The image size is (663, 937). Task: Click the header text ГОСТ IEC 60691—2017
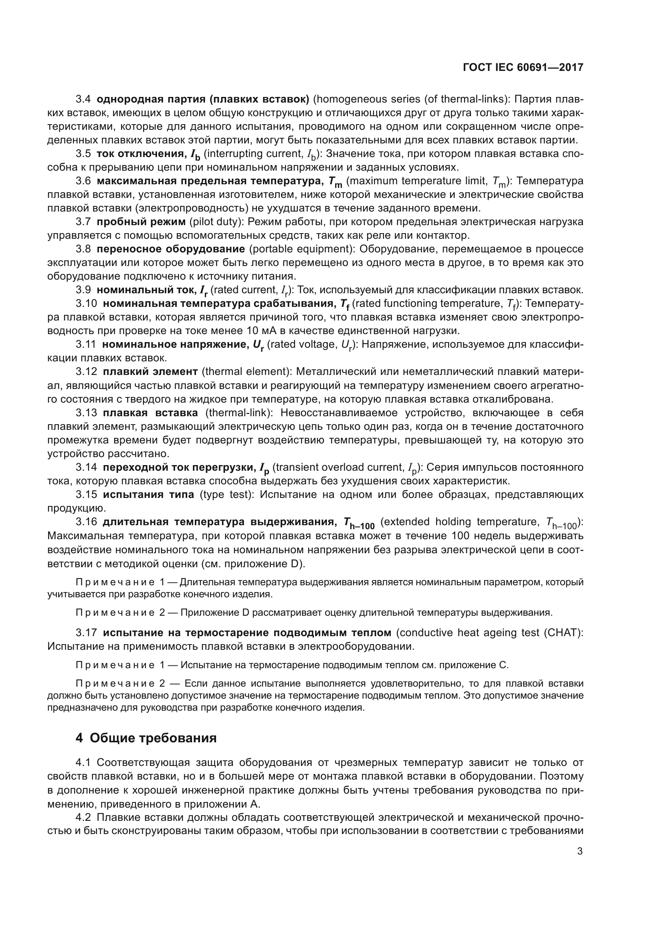[523, 67]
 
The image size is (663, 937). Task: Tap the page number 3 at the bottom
[580, 851]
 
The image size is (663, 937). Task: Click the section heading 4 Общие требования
[146, 738]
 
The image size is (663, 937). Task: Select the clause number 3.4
[83, 99]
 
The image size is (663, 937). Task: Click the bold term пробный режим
[141, 222]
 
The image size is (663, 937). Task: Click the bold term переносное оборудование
[171, 249]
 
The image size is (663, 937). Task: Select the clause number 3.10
[86, 304]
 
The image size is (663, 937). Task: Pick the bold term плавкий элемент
[150, 372]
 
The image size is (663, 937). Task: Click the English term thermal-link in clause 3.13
[239, 413]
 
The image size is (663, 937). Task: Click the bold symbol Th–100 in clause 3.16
[358, 523]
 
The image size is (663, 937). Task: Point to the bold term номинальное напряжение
[175, 345]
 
